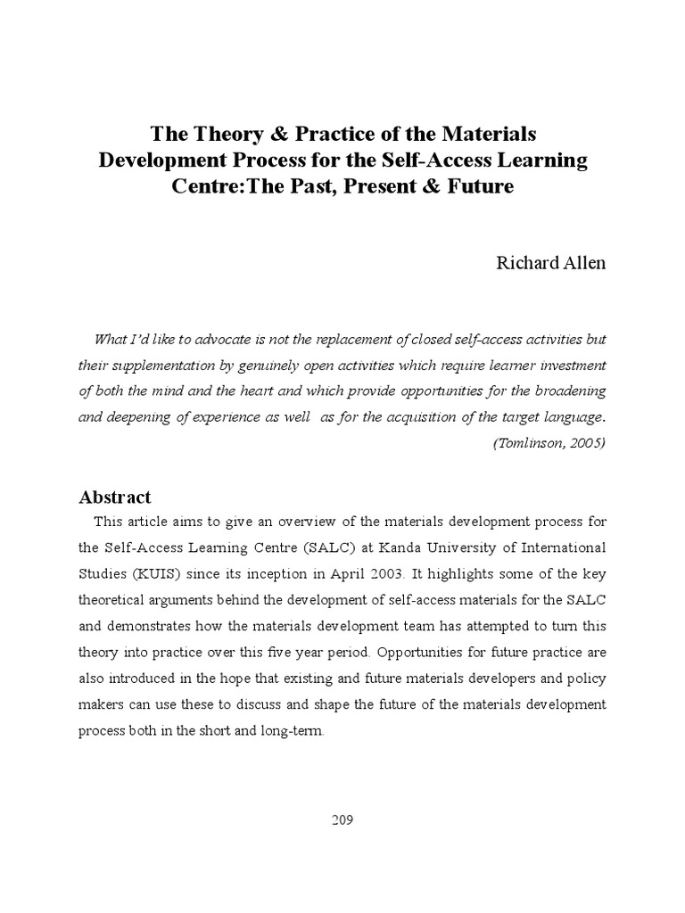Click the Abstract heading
click(x=115, y=497)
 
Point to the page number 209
click(x=342, y=820)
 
